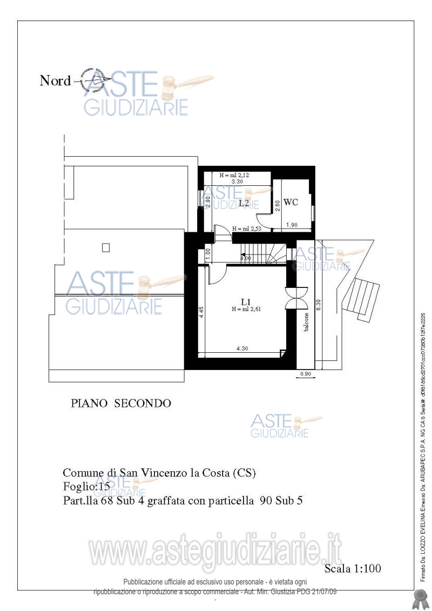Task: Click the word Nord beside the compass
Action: pyautogui.click(x=55, y=81)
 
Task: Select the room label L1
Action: pyautogui.click(x=246, y=301)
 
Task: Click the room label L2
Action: pyautogui.click(x=244, y=203)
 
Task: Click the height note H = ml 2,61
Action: pyautogui.click(x=246, y=310)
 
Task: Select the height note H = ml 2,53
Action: pyautogui.click(x=247, y=229)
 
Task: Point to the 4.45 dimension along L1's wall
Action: pyautogui.click(x=201, y=312)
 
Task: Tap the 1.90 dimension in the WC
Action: pyautogui.click(x=292, y=225)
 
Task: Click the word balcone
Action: pyautogui.click(x=306, y=323)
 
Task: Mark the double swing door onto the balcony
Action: pyautogui.click(x=297, y=297)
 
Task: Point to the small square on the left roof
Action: pyautogui.click(x=106, y=247)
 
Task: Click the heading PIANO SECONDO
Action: pyautogui.click(x=121, y=403)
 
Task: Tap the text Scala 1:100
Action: pyautogui.click(x=353, y=568)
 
